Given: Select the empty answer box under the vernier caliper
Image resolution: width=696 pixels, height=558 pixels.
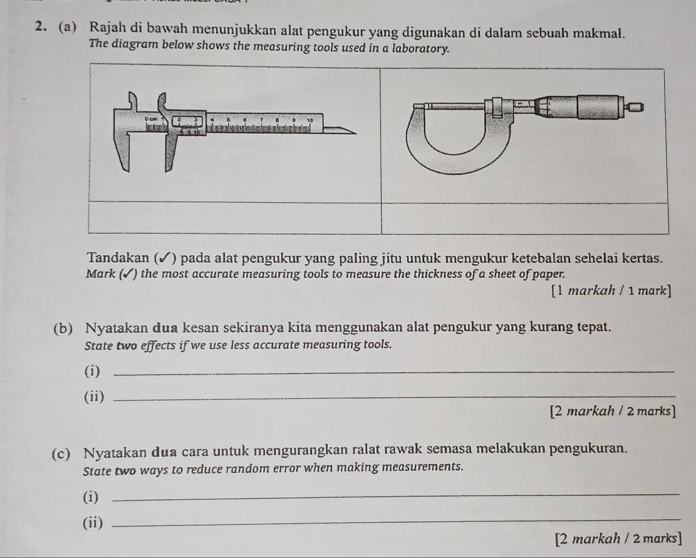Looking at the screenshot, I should [x=234, y=217].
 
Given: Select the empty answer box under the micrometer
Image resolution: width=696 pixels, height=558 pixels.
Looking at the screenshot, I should [x=525, y=218].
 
